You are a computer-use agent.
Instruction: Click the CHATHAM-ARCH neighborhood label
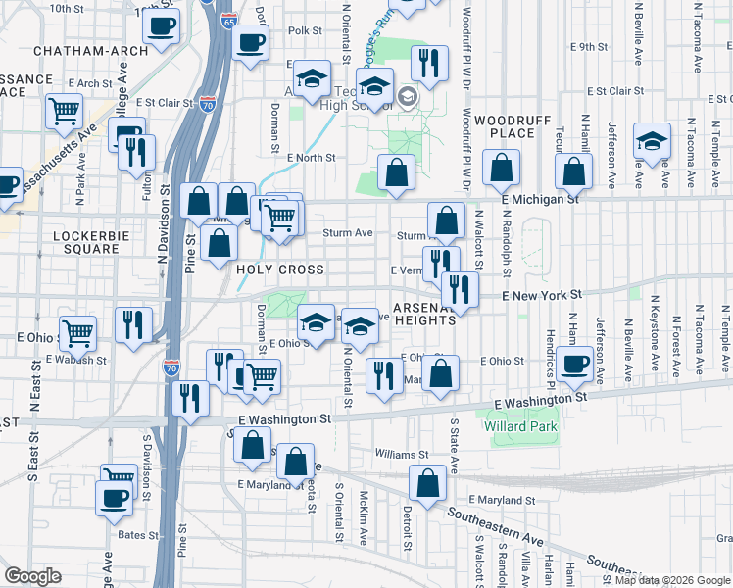[76, 50]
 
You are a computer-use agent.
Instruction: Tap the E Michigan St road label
[541, 199]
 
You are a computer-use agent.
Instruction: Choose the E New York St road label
[542, 294]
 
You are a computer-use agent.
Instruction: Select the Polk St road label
[305, 31]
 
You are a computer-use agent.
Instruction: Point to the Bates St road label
[138, 535]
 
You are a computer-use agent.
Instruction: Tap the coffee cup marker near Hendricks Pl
[576, 365]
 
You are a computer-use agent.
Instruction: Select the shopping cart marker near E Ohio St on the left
[77, 332]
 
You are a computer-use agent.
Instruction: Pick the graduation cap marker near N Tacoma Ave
[652, 141]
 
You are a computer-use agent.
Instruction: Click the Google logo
[33, 576]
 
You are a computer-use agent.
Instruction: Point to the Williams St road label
[402, 455]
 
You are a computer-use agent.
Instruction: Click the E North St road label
[312, 157]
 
